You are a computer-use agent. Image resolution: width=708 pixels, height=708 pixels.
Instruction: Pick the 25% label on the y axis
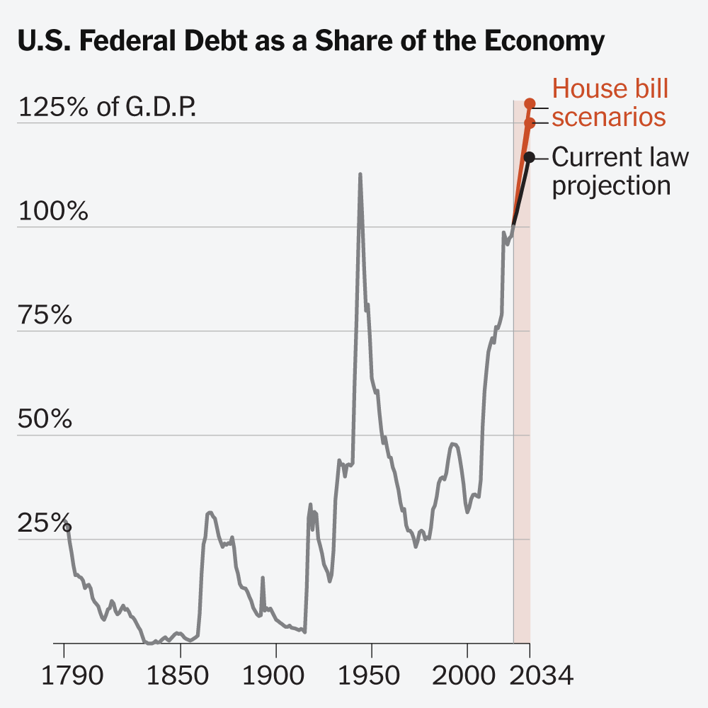click(45, 525)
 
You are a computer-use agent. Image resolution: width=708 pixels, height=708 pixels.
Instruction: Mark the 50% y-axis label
click(45, 420)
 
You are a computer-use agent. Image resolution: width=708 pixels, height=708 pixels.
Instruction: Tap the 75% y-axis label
click(45, 316)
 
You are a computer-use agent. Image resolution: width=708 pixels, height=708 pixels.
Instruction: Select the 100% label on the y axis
click(53, 212)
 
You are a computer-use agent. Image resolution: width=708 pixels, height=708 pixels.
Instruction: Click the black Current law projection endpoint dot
click(529, 156)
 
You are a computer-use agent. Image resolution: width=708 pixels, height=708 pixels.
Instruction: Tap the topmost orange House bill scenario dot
click(529, 103)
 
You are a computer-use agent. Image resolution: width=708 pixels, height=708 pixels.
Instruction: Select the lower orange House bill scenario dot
click(529, 123)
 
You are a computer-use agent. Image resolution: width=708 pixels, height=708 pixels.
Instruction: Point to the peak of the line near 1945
click(360, 174)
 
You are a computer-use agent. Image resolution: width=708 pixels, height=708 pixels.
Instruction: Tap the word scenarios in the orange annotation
click(609, 117)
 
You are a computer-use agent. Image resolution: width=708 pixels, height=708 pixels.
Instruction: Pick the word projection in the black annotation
click(611, 185)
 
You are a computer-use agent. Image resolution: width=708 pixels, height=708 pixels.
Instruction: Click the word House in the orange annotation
click(588, 90)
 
